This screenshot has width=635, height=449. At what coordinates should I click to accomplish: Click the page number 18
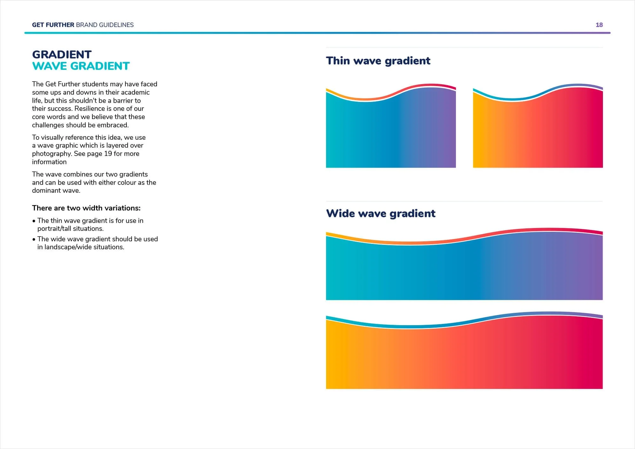point(599,25)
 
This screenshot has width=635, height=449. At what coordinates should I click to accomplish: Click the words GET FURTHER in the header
point(53,25)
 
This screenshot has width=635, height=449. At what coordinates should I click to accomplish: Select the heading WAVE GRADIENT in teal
point(81,66)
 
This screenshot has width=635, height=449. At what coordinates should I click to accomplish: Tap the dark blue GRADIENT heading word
point(62,54)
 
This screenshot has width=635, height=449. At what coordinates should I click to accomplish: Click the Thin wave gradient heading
point(378,61)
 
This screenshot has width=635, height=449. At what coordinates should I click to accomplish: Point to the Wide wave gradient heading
point(380,213)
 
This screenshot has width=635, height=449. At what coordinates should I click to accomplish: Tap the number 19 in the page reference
point(108,154)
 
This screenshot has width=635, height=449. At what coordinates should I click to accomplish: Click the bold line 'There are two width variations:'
point(86,208)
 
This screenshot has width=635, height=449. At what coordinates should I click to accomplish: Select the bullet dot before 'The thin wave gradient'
point(34,221)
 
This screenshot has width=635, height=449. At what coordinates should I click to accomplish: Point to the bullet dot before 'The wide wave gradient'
point(34,239)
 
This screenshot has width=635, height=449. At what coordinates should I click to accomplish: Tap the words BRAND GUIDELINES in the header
point(105,25)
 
